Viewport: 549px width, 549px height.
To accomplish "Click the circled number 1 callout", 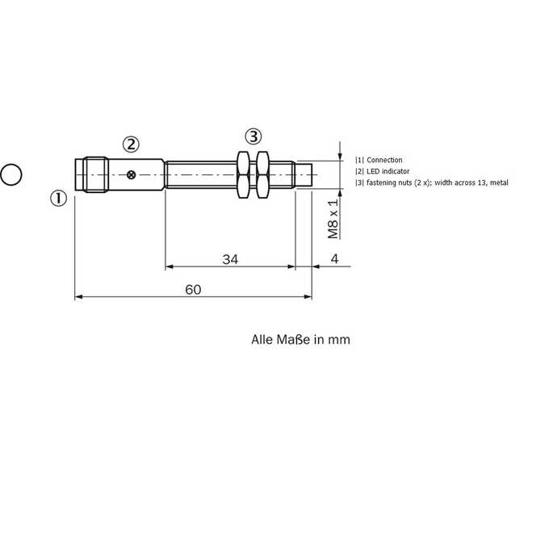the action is tap(58, 198).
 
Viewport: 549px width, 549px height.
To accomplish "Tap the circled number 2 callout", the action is tap(131, 145).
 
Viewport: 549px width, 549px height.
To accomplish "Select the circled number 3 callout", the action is tap(254, 136).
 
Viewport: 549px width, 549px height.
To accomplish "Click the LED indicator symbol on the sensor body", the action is tap(132, 174).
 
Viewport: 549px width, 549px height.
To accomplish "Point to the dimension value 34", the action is tap(230, 259).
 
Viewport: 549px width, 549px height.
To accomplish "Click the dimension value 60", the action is tap(193, 290).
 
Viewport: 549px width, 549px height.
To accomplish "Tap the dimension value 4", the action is tap(335, 258).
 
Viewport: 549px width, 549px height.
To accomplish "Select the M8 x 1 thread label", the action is tap(333, 219).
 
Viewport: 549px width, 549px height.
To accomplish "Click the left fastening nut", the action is tap(243, 174).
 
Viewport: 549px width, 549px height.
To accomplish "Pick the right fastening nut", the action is tap(262, 174).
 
